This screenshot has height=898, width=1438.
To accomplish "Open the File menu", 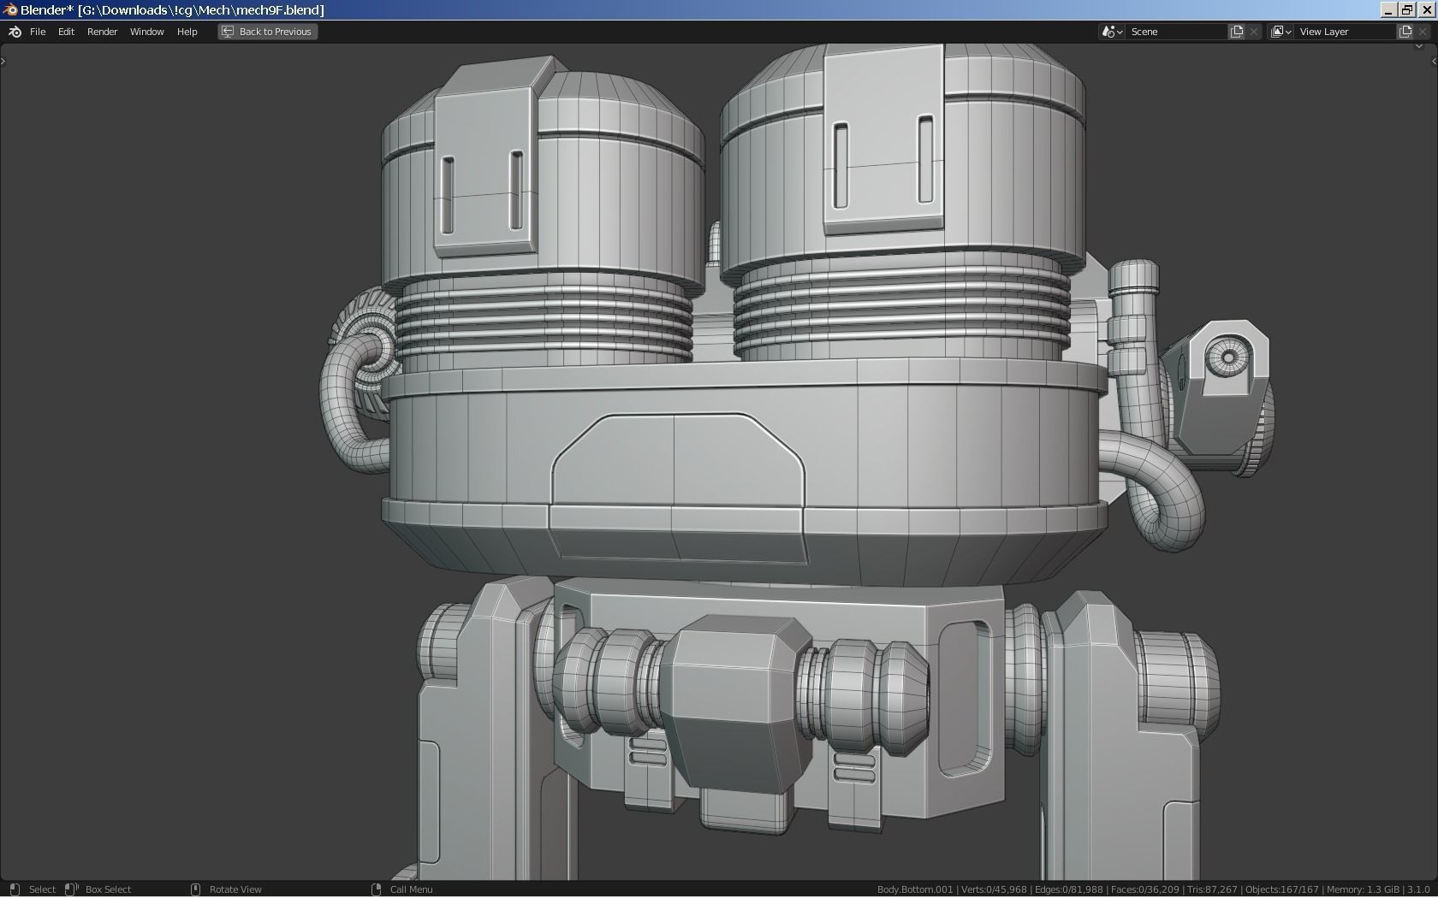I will [x=38, y=32].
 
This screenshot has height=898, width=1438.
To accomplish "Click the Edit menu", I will [x=66, y=32].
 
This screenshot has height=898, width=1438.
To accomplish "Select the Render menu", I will [x=102, y=32].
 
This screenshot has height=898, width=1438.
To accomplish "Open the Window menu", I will [x=146, y=32].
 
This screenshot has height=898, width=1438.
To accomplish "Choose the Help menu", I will [x=187, y=32].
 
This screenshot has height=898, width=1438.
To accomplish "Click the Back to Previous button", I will [x=267, y=32].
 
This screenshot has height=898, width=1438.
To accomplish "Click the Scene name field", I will [x=1177, y=32].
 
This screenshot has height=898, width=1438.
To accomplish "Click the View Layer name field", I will [x=1344, y=32].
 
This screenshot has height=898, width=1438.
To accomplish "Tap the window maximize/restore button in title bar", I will [x=1407, y=10].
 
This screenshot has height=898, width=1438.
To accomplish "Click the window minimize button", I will [x=1388, y=10].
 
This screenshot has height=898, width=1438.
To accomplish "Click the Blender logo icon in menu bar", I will [x=15, y=32].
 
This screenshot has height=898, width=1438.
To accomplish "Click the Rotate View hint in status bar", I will [x=235, y=889].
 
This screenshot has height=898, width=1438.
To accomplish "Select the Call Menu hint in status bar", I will [x=411, y=889].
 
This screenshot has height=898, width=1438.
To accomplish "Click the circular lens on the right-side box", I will [x=1228, y=357].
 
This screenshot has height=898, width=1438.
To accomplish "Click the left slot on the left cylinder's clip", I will [x=448, y=194].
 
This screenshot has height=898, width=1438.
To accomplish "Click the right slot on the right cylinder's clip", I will [x=925, y=159].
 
